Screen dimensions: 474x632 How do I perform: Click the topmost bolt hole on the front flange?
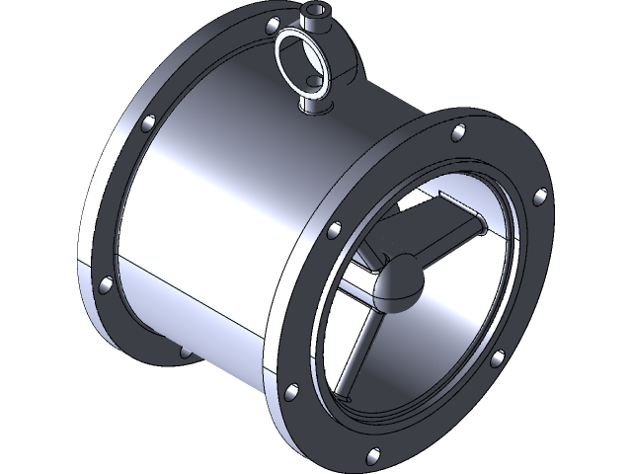tap(458, 132)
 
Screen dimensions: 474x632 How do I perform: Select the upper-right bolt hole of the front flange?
tap(540, 196)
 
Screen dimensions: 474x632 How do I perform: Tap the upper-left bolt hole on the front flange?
tap(334, 229)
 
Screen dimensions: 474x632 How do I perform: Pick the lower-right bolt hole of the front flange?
tap(499, 357)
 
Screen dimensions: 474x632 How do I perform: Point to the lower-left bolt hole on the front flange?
tap(290, 393)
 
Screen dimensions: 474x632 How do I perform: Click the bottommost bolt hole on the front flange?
tap(372, 456)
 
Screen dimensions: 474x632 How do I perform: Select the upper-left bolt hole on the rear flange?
tap(149, 124)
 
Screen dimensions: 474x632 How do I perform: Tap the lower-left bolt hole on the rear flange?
tap(105, 284)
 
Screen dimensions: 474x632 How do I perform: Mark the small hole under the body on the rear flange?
tap(184, 351)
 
